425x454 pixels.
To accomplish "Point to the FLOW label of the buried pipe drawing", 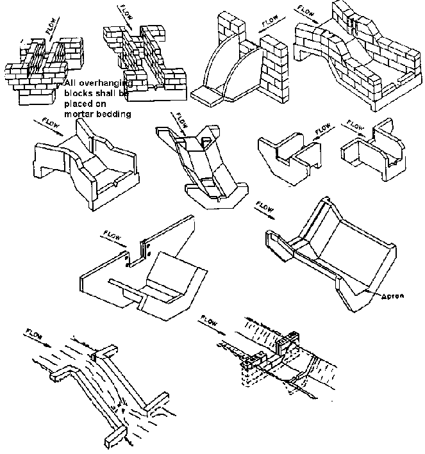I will (211, 318).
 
